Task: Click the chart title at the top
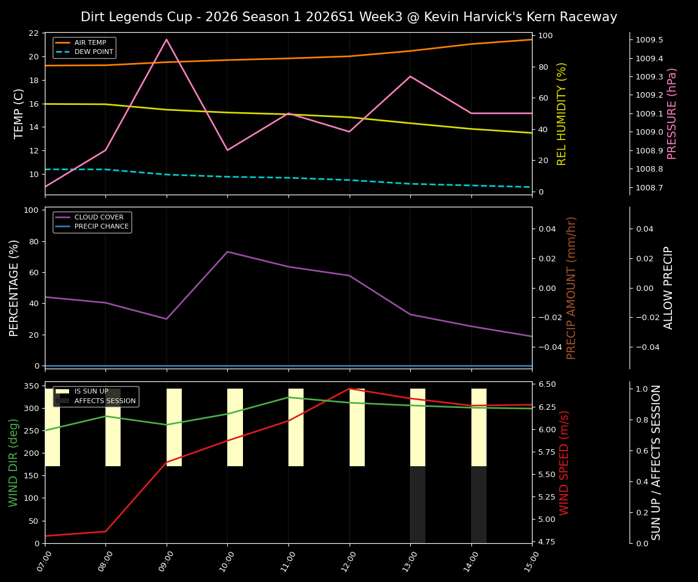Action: click(x=348, y=17)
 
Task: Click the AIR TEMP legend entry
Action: click(x=90, y=43)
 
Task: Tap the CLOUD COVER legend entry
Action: click(x=99, y=218)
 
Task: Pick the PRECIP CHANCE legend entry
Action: click(x=101, y=227)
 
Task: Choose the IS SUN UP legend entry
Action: click(x=91, y=392)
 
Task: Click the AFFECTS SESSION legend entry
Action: click(x=104, y=401)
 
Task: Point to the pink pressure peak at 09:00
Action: click(x=167, y=39)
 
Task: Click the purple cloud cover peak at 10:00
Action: click(x=227, y=252)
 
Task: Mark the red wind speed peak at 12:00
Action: click(x=349, y=389)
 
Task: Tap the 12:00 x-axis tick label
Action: click(x=346, y=561)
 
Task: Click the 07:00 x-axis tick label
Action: click(x=42, y=561)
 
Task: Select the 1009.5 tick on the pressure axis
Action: click(x=649, y=40)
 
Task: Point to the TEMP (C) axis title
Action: click(x=19, y=113)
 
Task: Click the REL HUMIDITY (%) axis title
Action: click(x=562, y=113)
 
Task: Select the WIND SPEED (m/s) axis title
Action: click(x=564, y=462)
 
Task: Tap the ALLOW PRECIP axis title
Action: click(x=668, y=287)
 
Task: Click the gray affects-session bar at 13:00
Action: click(x=417, y=504)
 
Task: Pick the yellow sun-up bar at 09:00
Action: click(x=174, y=427)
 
